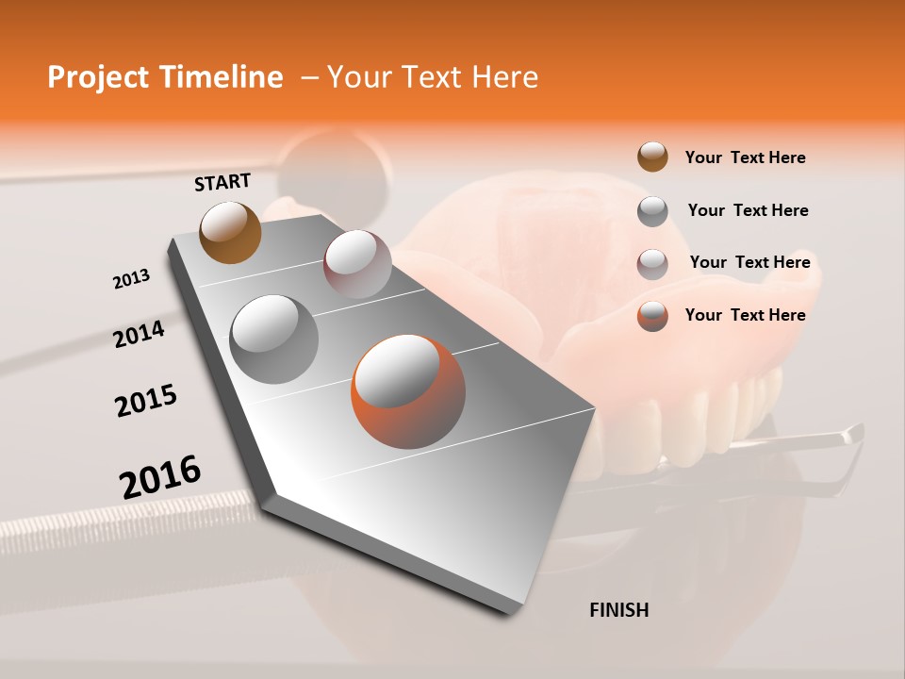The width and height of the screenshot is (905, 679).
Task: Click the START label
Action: [222, 182]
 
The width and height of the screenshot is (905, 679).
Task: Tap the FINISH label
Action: [618, 610]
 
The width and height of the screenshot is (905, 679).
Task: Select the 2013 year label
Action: [132, 279]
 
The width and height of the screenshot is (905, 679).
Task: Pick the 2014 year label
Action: [140, 335]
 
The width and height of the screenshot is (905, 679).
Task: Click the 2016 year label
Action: [160, 477]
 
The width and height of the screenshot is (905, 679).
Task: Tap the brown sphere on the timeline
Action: [230, 232]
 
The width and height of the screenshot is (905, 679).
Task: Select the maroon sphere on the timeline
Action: [357, 264]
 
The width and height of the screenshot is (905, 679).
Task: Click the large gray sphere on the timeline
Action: [274, 339]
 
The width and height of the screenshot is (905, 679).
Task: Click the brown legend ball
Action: [652, 157]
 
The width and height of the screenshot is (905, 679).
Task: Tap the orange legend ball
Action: [652, 316]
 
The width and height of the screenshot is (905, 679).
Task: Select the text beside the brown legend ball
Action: [745, 157]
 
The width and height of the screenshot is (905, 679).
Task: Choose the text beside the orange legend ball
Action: [745, 315]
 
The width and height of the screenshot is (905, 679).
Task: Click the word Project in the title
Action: [98, 77]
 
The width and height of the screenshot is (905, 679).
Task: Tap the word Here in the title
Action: [504, 77]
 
